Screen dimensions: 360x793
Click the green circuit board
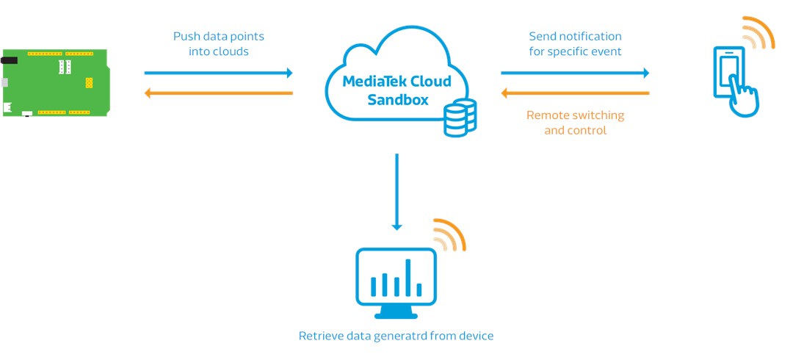point(55,83)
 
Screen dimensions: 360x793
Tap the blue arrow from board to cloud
point(218,73)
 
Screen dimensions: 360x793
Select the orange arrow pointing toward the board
point(218,93)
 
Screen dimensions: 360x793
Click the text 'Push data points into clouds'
point(218,43)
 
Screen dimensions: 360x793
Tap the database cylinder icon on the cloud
point(460,118)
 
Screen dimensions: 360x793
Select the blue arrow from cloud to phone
point(575,73)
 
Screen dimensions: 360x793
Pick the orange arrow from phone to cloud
point(575,93)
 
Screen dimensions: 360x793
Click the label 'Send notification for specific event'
point(575,43)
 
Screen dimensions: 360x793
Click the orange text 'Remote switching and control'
point(575,123)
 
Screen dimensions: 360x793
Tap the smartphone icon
point(729,73)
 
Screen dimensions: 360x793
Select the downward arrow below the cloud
point(396,191)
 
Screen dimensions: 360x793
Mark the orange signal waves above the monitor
point(449,236)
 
